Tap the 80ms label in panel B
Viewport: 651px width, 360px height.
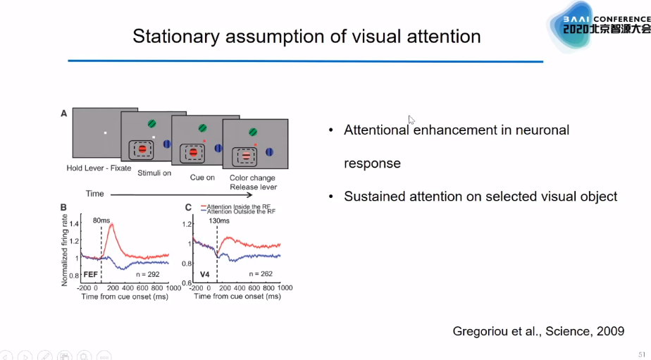click(x=101, y=221)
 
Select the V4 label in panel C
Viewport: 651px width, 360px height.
click(x=204, y=273)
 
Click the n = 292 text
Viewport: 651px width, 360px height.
click(x=149, y=273)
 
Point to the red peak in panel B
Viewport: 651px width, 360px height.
click(x=111, y=225)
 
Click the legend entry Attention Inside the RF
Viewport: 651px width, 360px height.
click(x=238, y=206)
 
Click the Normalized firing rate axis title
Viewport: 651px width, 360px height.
click(x=66, y=250)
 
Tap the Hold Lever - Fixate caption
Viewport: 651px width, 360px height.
click(x=99, y=168)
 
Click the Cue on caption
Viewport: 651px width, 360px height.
click(x=202, y=178)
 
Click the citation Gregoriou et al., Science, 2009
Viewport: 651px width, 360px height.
click(x=538, y=331)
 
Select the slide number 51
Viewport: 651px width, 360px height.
click(x=641, y=354)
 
